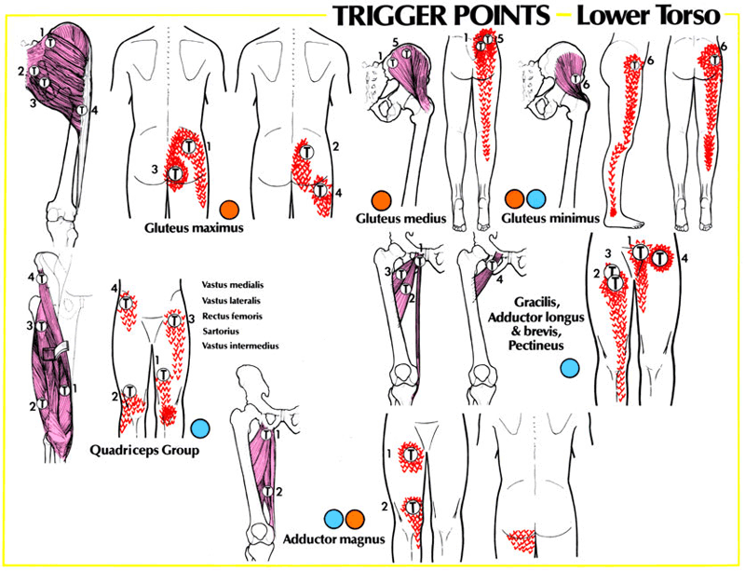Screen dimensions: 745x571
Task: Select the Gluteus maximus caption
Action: [x=194, y=227]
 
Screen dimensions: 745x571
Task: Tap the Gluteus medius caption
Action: [x=401, y=218]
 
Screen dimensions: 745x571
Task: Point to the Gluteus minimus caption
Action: [x=550, y=218]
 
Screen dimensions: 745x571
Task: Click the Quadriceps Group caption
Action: [x=144, y=450]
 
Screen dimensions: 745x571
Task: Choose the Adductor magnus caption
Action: [x=334, y=539]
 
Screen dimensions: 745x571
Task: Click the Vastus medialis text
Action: [x=233, y=285]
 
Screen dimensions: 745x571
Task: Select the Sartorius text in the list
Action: [x=221, y=332]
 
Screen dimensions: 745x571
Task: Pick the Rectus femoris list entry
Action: [x=232, y=316]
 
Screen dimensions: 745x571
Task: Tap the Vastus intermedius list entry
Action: [x=240, y=347]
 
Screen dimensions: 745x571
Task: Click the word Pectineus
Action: [x=536, y=346]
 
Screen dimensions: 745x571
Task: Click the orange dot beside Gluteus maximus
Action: [x=229, y=209]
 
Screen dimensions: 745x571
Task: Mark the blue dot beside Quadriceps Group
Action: [x=200, y=428]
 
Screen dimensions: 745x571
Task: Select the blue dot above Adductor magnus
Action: [x=333, y=519]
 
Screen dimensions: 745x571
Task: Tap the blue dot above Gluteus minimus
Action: [x=536, y=199]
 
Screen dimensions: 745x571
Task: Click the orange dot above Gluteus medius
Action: [x=382, y=200]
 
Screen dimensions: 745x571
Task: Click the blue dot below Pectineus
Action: [x=570, y=369]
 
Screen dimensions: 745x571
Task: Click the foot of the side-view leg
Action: [x=625, y=221]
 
